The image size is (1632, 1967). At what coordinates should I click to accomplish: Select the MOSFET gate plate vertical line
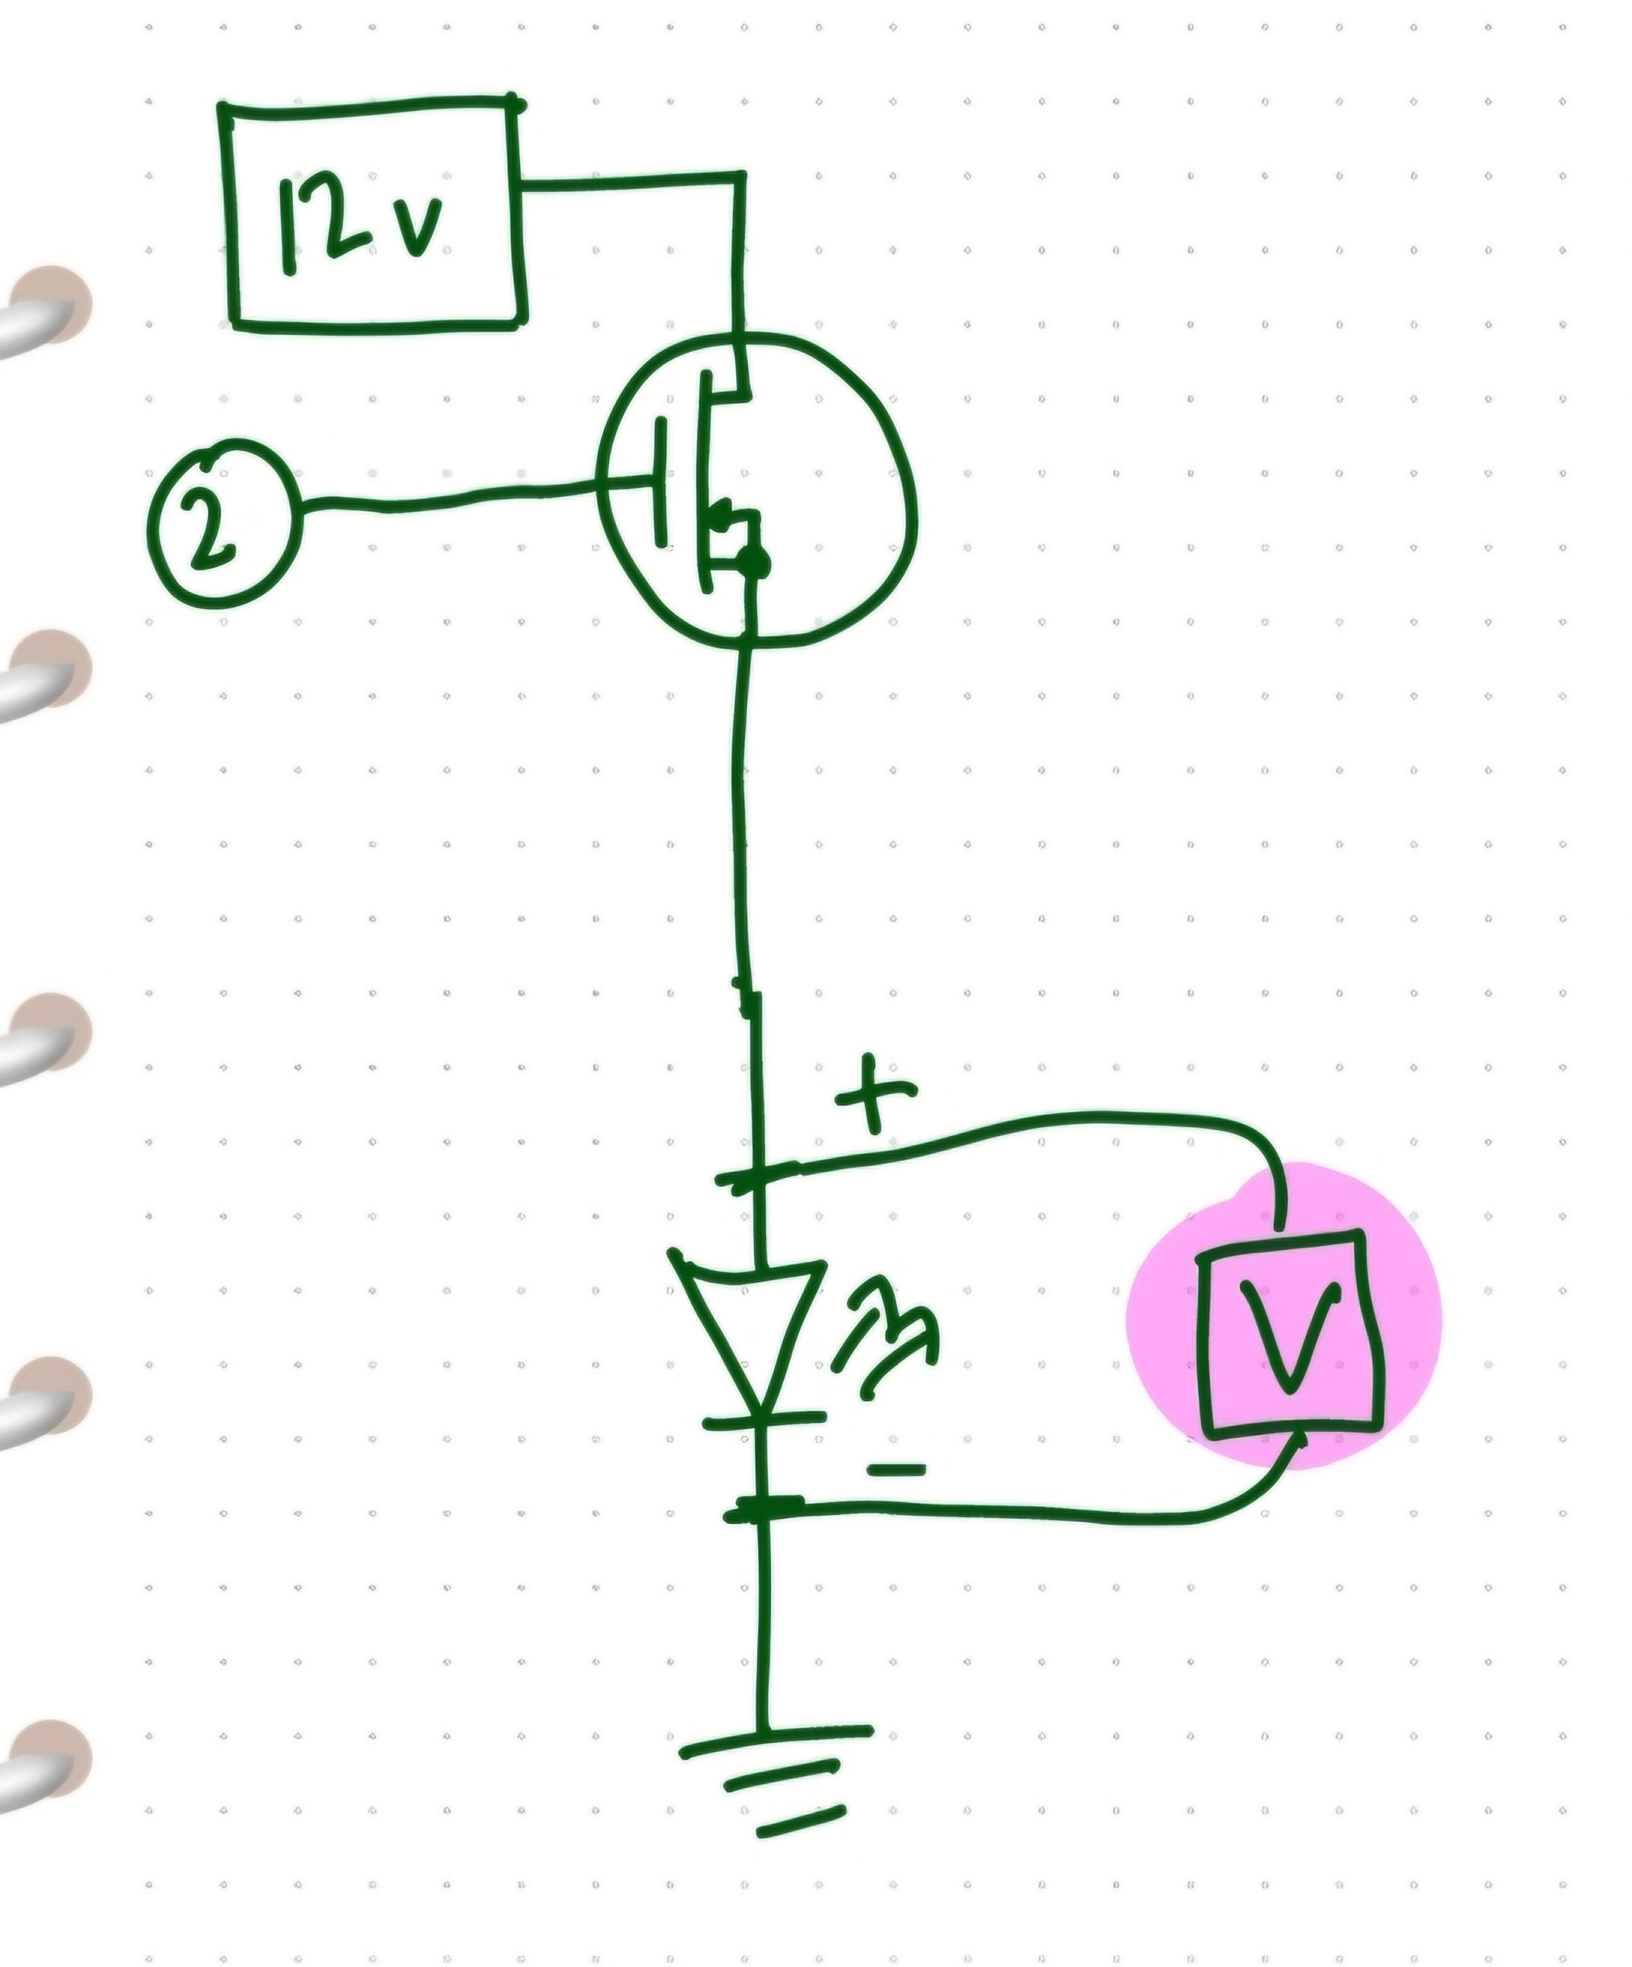661,482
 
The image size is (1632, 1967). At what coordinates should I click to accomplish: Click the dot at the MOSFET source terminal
754,562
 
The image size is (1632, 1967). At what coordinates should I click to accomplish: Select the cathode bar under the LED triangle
763,1420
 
